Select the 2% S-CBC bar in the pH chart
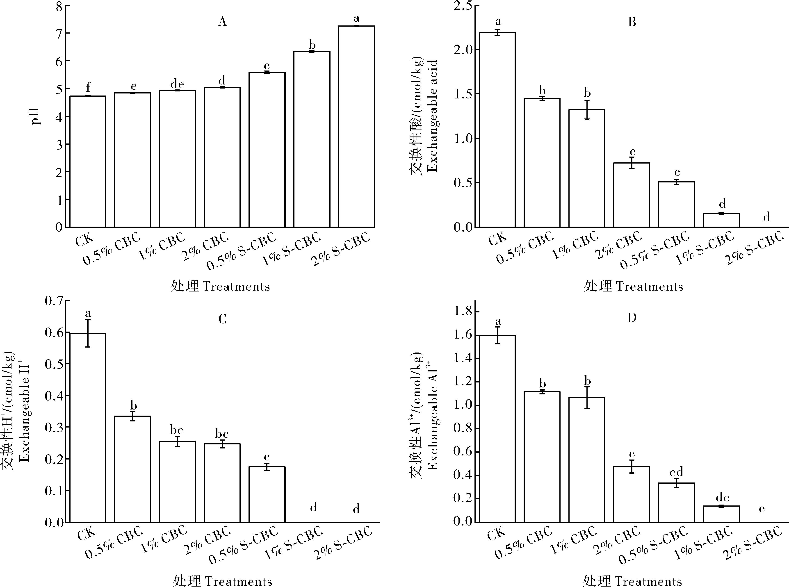point(356,127)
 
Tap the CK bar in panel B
point(497,130)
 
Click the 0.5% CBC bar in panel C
point(132,469)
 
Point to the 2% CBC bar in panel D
point(632,494)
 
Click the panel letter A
point(222,22)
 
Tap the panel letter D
point(632,317)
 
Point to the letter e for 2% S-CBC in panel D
point(762,509)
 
